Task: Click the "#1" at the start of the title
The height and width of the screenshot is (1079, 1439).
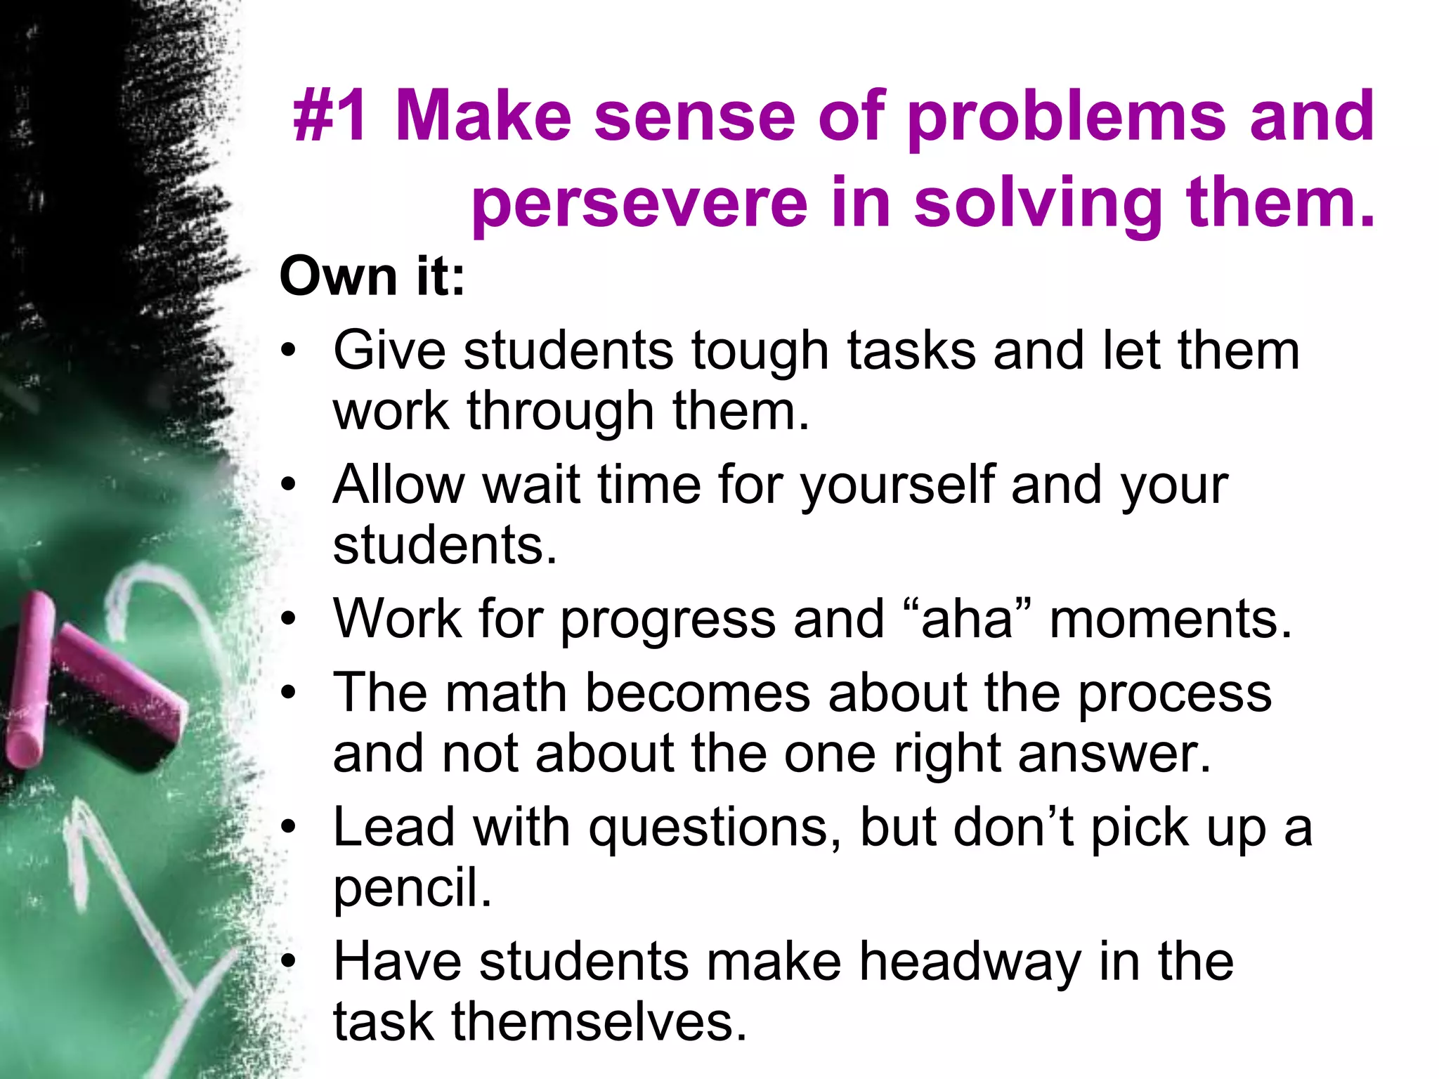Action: tap(330, 116)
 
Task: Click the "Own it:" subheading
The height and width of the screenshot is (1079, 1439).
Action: tap(372, 276)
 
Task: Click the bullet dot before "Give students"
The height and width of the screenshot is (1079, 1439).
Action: tap(288, 351)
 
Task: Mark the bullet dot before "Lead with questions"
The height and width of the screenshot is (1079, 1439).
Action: tap(288, 828)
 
